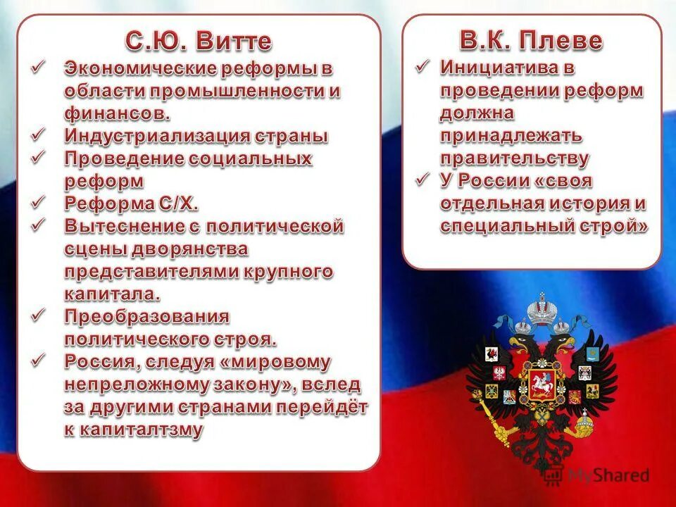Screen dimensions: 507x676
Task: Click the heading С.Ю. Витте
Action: (x=199, y=40)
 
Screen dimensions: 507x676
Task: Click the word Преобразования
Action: (x=147, y=316)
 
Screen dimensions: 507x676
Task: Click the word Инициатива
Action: (x=501, y=68)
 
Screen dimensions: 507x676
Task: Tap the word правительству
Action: (x=515, y=158)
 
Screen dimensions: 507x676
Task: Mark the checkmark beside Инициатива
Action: (x=422, y=68)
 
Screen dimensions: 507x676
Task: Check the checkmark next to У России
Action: (x=422, y=180)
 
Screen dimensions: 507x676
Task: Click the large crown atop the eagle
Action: (x=541, y=313)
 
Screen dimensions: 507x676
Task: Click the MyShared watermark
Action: (x=606, y=475)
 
